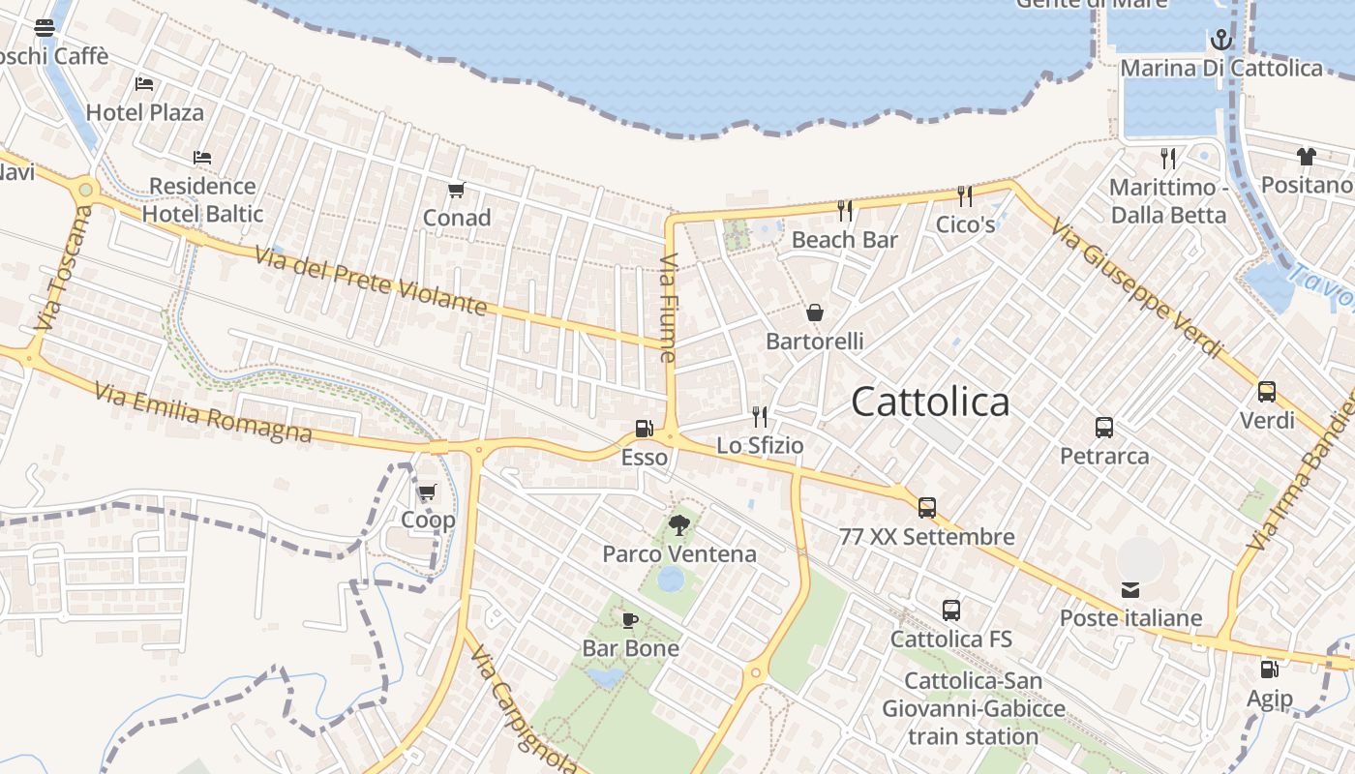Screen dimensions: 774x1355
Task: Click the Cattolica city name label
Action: tap(930, 402)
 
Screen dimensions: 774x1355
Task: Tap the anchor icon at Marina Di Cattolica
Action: tap(1221, 40)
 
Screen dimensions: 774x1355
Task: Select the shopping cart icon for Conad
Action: tap(457, 190)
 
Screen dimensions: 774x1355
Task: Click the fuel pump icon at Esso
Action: tap(644, 429)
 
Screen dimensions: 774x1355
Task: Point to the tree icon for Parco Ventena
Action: tap(679, 525)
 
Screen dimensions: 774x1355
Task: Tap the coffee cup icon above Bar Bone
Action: tap(630, 619)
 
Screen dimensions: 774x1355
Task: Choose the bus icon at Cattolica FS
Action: tap(951, 610)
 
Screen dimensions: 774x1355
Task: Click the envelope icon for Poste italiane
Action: tap(1130, 589)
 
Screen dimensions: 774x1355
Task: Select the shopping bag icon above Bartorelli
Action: tap(815, 313)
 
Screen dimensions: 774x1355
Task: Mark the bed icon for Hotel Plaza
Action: tap(144, 84)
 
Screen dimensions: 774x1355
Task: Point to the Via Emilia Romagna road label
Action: tap(203, 413)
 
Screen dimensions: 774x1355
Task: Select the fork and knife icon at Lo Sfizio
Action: tap(760, 417)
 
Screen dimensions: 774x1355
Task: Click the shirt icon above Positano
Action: tap(1307, 157)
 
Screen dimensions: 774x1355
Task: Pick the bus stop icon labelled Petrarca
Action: tap(1104, 428)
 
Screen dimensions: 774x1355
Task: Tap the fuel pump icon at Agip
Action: tap(1269, 670)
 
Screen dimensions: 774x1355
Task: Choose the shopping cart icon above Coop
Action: tap(428, 491)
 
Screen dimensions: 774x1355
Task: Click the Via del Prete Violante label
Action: tap(371, 281)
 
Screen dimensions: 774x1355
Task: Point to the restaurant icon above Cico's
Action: tap(965, 196)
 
